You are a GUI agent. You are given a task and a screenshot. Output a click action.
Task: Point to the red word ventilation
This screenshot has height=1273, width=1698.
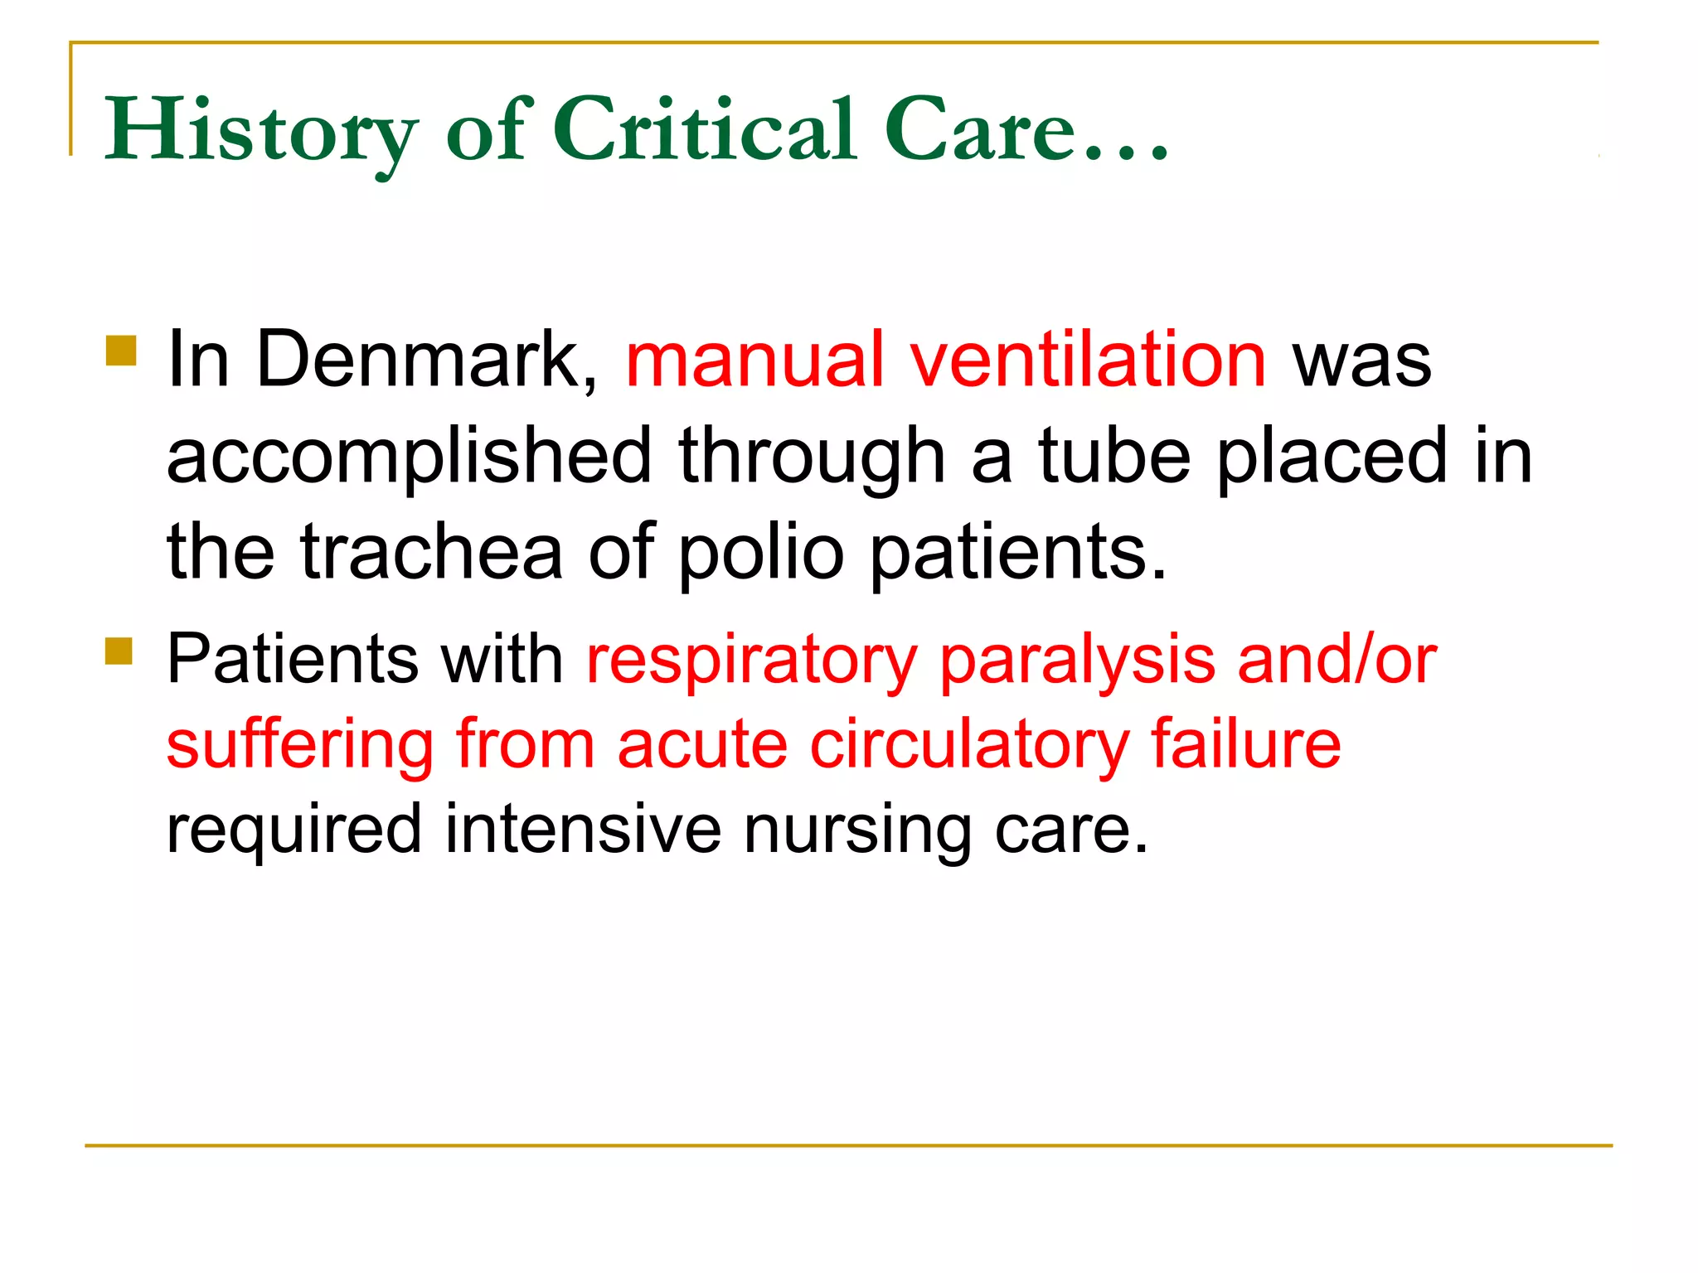(x=1088, y=360)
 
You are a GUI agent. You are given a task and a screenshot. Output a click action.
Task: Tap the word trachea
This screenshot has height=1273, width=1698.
(x=431, y=552)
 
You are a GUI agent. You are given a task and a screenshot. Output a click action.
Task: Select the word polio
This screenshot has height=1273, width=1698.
(x=761, y=552)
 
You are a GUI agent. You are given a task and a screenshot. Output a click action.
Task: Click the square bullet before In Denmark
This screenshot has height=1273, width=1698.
(x=121, y=351)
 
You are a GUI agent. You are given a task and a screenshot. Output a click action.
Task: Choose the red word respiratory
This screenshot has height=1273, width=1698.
(x=751, y=661)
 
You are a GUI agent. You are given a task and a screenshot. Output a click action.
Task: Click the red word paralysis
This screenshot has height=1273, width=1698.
(x=1077, y=660)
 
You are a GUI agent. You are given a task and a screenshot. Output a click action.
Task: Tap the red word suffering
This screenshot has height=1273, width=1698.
(x=300, y=744)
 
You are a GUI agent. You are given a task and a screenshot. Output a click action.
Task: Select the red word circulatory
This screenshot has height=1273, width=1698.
(x=969, y=744)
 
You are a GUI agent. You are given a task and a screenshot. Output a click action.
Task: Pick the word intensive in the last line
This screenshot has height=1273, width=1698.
(x=583, y=829)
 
